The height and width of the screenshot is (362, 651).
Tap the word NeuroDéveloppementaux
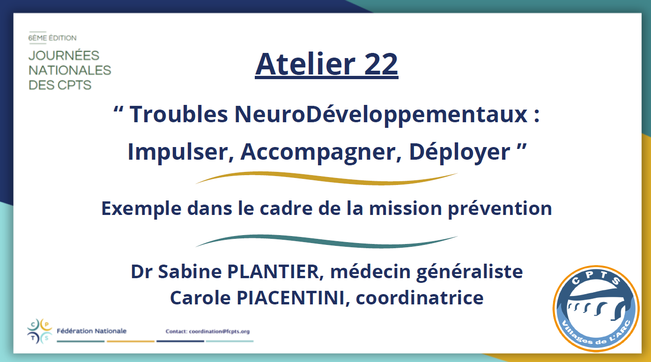tap(381, 115)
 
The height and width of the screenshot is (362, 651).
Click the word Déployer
tap(459, 152)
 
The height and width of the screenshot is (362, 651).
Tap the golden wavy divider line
tap(326, 178)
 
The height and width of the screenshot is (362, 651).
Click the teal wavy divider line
tap(326, 241)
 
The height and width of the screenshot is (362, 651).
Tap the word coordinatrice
tap(420, 298)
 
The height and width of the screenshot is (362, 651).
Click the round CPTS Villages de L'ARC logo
tap(596, 309)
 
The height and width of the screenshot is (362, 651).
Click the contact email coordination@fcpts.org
tap(220, 332)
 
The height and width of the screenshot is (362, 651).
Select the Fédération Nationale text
tap(91, 331)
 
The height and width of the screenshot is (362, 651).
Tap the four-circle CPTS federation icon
tap(40, 331)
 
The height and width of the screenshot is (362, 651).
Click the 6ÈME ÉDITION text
tap(52, 38)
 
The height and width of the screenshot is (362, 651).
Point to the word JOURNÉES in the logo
tap(64, 55)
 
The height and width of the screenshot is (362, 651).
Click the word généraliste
tap(470, 272)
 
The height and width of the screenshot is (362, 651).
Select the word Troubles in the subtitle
tap(178, 114)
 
